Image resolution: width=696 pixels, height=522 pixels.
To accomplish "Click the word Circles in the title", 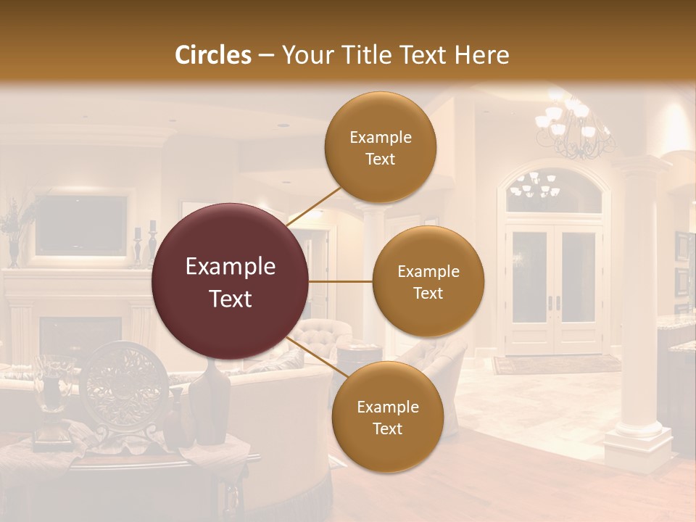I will tap(212, 55).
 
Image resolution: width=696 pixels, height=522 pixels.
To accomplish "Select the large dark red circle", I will tap(231, 281).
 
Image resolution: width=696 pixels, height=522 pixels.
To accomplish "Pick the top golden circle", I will tap(380, 147).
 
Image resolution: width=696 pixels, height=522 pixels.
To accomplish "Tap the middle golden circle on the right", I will tap(428, 281).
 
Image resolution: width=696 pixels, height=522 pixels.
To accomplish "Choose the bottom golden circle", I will tap(388, 417).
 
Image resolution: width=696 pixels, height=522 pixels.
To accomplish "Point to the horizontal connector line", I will tap(341, 281).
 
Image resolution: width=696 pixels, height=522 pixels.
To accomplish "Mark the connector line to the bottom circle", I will tap(313, 357).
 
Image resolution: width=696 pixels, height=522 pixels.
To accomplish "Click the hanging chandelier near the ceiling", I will tap(573, 127).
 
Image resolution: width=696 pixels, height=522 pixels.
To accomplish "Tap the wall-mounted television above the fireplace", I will tap(81, 225).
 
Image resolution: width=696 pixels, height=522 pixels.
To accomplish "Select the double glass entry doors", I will tap(555, 286).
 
